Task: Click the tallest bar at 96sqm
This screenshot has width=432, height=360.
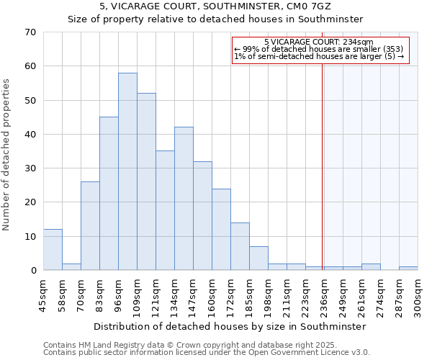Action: tap(127, 171)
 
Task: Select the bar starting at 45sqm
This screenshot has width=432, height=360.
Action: tap(53, 250)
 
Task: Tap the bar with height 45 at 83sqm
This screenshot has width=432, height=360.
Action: tap(109, 194)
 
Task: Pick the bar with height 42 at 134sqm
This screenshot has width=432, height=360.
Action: tap(184, 199)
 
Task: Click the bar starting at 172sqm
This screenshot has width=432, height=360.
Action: tap(240, 246)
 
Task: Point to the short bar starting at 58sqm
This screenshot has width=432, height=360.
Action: tap(71, 266)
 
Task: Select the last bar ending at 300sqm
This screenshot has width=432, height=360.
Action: tap(408, 268)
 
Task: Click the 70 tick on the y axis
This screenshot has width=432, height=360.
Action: tap(30, 32)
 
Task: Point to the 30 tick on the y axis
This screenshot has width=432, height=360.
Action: tap(30, 168)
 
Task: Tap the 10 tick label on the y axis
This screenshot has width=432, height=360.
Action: tap(30, 236)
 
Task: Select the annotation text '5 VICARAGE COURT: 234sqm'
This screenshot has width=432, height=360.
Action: tap(319, 42)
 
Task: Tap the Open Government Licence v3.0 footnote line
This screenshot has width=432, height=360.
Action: tap(207, 353)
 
